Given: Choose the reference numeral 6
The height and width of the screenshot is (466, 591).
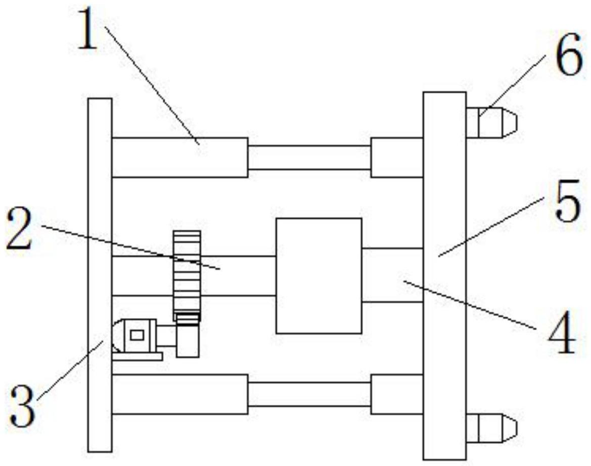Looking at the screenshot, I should [568, 58].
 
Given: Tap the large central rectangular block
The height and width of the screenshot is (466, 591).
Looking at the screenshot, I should [319, 276].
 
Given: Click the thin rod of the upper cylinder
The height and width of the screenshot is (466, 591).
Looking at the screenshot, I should [309, 157].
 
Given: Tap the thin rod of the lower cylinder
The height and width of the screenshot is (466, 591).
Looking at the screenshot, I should [309, 394].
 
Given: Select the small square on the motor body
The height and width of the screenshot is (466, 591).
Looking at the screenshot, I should [137, 334].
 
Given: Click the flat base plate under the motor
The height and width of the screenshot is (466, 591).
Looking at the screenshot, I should [137, 356].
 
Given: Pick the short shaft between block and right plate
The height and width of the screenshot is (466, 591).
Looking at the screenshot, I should [392, 275].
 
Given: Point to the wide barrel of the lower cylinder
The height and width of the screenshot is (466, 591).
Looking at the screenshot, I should [179, 394].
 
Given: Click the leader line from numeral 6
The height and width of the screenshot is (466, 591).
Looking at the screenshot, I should [511, 86].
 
